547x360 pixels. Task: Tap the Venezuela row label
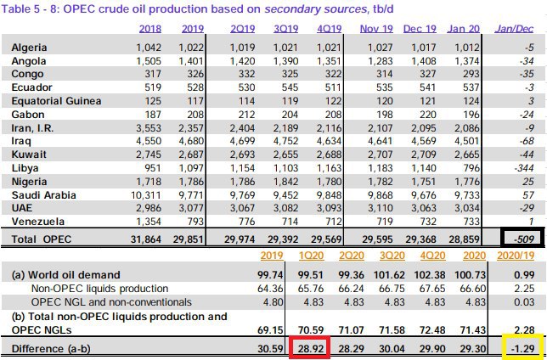click(x=37, y=221)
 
